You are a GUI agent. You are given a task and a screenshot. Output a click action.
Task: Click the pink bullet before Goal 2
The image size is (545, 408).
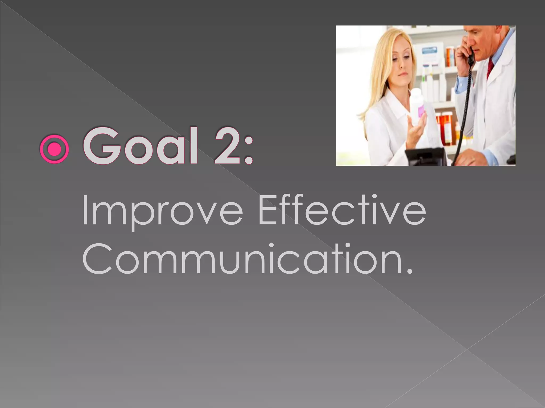coord(54,149)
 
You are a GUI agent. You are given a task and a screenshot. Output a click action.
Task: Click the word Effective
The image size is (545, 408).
coord(342,210)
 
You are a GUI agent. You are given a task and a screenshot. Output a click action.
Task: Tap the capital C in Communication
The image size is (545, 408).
coord(97,259)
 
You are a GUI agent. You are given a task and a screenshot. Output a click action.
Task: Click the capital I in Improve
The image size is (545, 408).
coord(85,210)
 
